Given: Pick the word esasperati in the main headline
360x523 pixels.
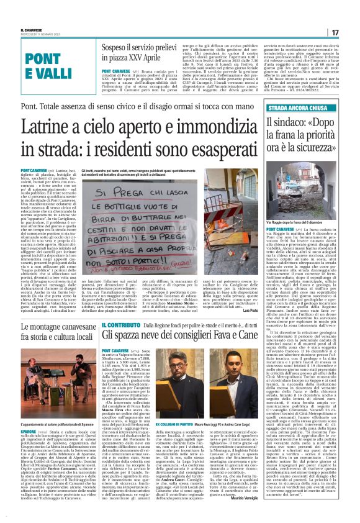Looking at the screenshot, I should click(202, 149).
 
